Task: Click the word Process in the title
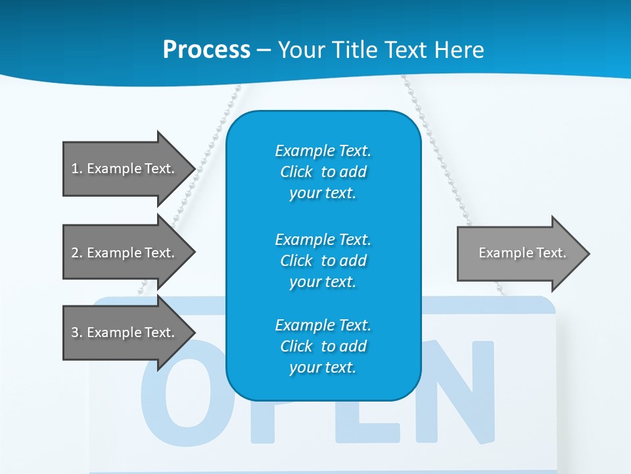[x=206, y=50]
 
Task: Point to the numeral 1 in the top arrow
[x=74, y=169]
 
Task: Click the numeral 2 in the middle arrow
[x=74, y=253]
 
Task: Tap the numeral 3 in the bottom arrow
[x=74, y=332]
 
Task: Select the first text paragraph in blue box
[x=323, y=172]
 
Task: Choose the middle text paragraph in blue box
[x=323, y=261]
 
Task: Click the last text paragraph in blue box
[x=323, y=346]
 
